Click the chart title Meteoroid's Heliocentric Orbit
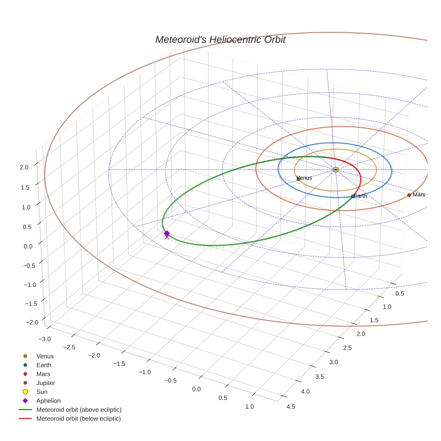point(220,40)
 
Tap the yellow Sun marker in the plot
point(336,169)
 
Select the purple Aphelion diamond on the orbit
point(167,233)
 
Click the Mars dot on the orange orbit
point(409,195)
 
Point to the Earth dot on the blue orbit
point(353,196)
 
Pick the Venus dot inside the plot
point(298,179)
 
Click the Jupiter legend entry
point(46,383)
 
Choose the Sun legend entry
point(42,392)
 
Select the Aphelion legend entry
point(48,401)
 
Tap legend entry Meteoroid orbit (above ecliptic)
point(79,410)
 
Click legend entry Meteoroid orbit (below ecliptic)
point(78,419)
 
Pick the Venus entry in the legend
point(45,356)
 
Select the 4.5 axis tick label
point(290,406)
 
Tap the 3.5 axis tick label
point(319,376)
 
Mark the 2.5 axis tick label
point(346,348)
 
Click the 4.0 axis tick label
point(305,391)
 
